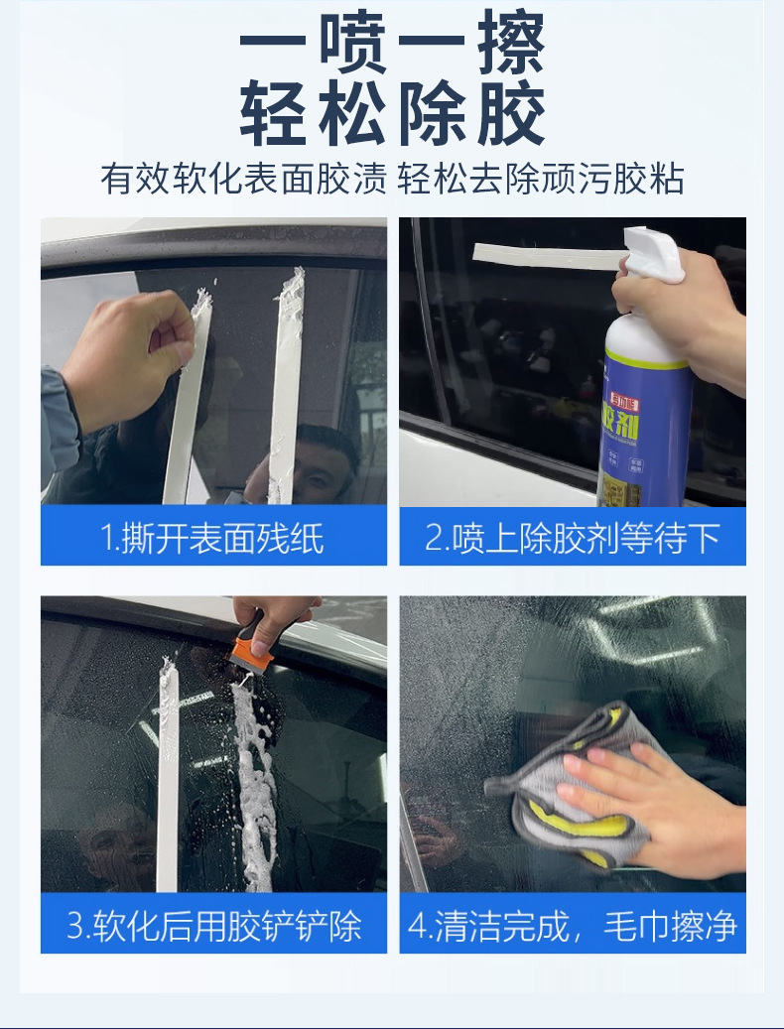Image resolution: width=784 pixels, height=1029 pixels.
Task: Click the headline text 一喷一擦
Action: (x=392, y=45)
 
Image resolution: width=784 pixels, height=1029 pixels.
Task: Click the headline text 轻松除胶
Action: (x=392, y=115)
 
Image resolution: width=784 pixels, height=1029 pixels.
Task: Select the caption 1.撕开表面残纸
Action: (x=213, y=538)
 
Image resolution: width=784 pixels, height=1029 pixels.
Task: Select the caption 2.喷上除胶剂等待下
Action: (x=573, y=538)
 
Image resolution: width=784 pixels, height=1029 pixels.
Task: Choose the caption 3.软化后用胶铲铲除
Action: (x=213, y=925)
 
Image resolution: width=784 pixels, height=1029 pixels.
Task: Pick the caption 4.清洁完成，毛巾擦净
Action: (x=573, y=925)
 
